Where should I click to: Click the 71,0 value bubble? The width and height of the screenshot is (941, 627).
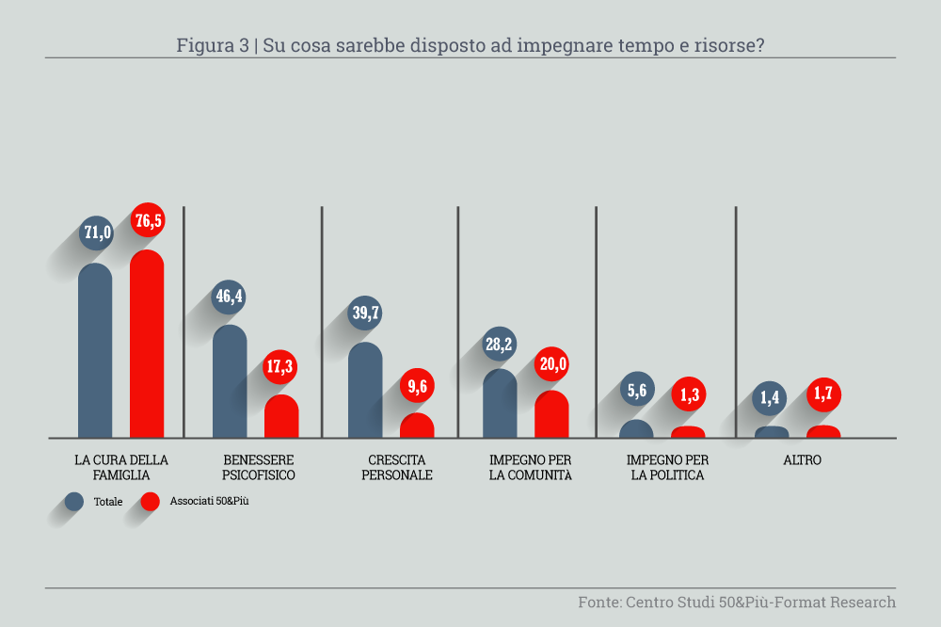click(96, 232)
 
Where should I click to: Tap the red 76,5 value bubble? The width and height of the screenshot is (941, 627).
click(147, 220)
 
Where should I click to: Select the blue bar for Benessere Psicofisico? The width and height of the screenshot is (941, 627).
click(230, 381)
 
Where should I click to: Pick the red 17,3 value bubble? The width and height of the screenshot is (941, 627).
click(280, 366)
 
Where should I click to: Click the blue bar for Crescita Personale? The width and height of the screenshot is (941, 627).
click(365, 390)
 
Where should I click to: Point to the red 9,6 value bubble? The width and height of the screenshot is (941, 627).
click(417, 385)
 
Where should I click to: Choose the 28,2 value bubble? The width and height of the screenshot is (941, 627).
click(499, 345)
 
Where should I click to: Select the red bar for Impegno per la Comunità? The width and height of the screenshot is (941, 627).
click(551, 414)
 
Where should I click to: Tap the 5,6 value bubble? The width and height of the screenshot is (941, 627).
click(636, 391)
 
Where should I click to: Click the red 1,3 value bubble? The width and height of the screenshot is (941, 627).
click(688, 395)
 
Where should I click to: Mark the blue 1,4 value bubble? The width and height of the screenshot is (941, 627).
click(772, 398)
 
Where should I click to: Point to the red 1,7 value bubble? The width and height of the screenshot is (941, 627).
click(823, 394)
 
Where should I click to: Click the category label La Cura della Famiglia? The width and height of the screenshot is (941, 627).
click(121, 467)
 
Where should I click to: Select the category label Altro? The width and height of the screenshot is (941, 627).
click(802, 460)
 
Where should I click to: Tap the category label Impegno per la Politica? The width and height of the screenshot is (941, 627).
click(667, 467)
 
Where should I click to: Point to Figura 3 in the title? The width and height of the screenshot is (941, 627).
click(213, 45)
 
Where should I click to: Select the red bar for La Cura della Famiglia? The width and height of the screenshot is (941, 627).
click(147, 344)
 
